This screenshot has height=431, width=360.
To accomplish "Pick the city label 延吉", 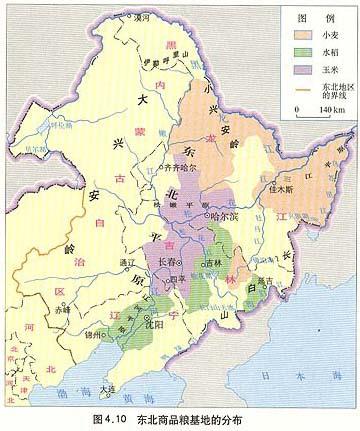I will (x=263, y=282).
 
